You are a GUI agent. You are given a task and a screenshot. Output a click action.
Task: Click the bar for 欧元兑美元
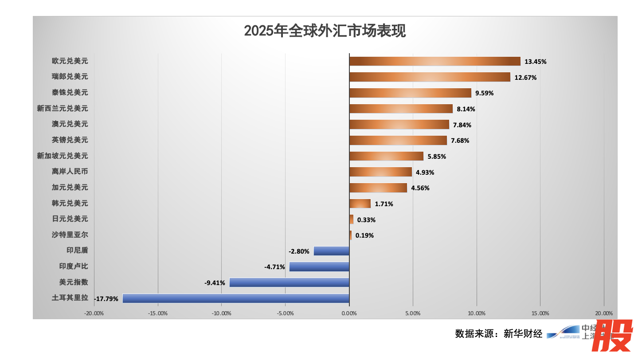(435, 61)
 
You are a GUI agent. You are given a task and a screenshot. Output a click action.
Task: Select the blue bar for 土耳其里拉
(236, 298)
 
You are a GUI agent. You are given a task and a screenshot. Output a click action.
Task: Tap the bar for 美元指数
(289, 282)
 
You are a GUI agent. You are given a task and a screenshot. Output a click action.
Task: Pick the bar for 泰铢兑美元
(410, 93)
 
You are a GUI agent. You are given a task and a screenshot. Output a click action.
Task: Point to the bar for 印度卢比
(319, 266)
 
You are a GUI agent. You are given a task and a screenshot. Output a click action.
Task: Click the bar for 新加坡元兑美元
(386, 156)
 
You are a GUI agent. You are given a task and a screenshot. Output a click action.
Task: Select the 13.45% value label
(535, 62)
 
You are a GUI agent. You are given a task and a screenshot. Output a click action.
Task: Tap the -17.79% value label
(106, 299)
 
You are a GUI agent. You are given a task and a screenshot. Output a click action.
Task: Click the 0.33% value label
(366, 220)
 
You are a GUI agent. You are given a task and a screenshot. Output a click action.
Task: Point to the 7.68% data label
(460, 141)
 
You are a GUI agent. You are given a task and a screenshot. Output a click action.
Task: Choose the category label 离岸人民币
(70, 172)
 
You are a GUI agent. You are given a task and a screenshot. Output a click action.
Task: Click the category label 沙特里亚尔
(70, 235)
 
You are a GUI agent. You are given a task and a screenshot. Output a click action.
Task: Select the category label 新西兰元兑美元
(63, 108)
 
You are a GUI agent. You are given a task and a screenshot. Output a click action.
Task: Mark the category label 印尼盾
(77, 250)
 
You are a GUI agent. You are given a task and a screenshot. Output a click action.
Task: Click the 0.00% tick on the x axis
(349, 313)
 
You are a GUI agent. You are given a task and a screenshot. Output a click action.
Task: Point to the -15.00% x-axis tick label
(158, 313)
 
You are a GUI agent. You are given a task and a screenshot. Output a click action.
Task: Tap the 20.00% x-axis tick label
(603, 313)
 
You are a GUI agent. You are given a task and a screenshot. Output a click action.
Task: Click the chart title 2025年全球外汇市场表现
(325, 31)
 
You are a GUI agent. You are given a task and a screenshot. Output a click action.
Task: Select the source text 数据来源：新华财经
(498, 334)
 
